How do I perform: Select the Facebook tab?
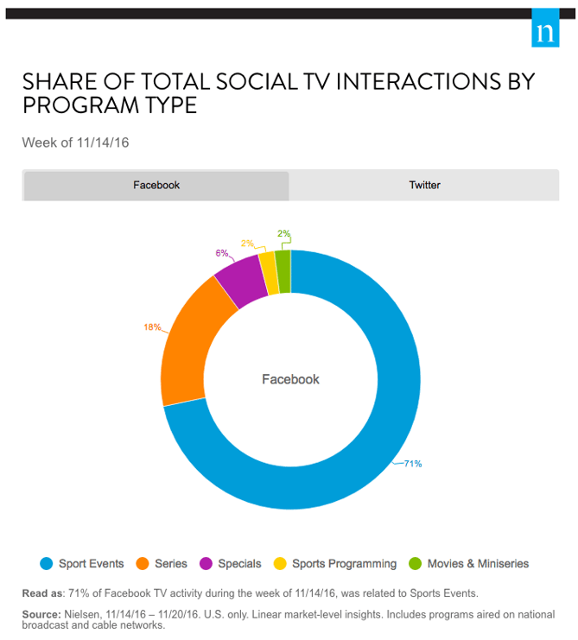156,185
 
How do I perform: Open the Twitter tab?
424,185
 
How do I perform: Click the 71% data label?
412,464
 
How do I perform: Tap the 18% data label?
152,327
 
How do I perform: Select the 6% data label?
222,253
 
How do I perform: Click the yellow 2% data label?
247,244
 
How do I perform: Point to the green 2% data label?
283,233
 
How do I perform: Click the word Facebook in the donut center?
290,379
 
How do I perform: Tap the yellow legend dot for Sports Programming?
280,564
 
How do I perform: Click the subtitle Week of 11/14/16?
75,143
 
